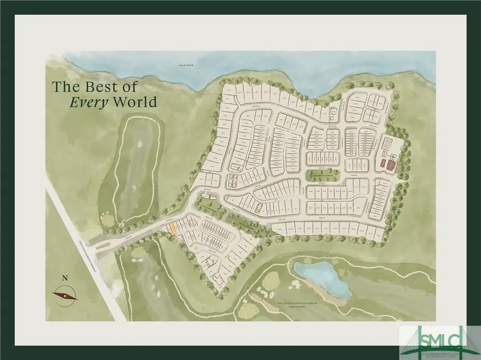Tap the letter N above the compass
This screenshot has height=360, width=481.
pyautogui.click(x=65, y=278)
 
